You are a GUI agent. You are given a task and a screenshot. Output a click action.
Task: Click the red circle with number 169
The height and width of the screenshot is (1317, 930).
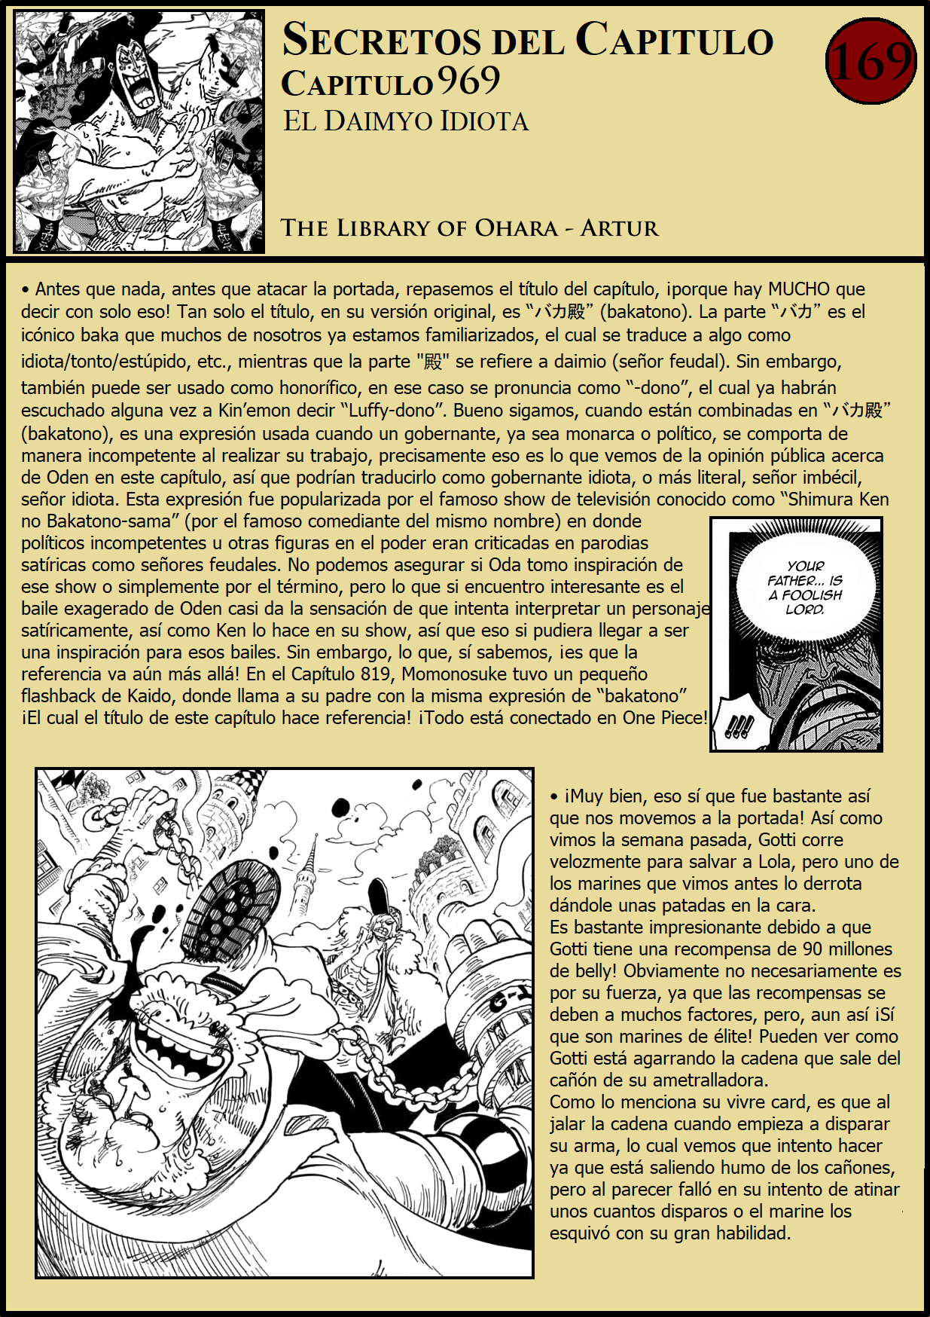[871, 61]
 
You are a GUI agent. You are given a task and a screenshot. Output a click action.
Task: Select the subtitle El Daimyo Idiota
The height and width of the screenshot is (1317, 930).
[405, 122]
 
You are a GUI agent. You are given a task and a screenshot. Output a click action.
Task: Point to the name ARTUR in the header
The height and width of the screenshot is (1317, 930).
[619, 228]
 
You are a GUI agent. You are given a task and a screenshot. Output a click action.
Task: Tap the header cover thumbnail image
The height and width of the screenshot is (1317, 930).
[139, 131]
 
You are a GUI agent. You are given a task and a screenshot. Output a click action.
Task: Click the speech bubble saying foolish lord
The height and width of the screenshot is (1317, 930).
[805, 588]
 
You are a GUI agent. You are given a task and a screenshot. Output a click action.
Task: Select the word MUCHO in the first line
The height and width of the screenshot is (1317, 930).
[798, 289]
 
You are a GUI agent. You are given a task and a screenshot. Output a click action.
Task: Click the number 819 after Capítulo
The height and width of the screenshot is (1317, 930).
[375, 674]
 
